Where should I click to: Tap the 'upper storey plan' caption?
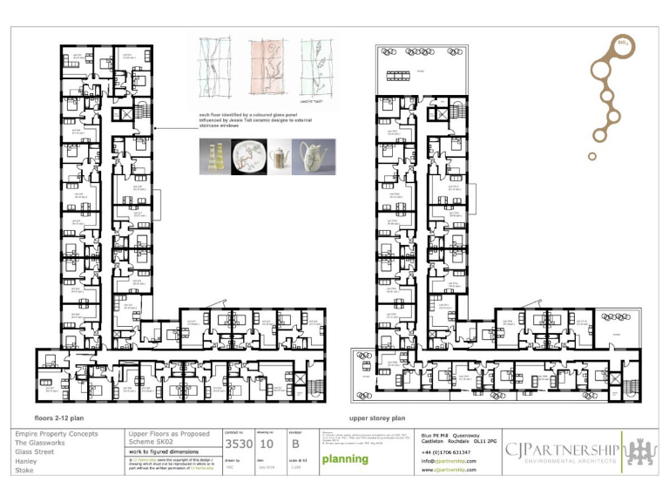[377, 417]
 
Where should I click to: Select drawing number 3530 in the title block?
[239, 444]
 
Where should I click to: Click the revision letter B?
[294, 444]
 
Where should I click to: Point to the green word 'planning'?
[345, 459]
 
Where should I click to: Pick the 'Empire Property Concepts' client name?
[57, 433]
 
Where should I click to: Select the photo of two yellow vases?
[214, 158]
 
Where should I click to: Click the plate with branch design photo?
[248, 158]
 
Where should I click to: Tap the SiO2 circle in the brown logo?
[623, 44]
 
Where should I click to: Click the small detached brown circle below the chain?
[592, 157]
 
